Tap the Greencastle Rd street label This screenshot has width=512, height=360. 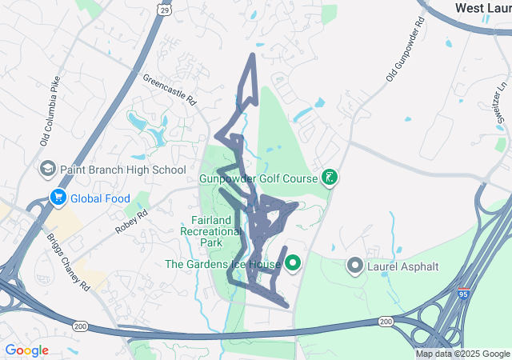click(170, 90)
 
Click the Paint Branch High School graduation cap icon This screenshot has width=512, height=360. click(48, 170)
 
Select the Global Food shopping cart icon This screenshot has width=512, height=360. click(58, 197)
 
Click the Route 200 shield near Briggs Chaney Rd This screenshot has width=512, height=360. click(79, 326)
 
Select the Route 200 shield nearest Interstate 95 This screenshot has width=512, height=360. click(386, 321)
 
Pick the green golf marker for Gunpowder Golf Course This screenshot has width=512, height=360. click(329, 177)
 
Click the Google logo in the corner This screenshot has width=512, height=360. click(27, 350)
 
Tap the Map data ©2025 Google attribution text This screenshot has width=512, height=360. click(462, 354)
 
